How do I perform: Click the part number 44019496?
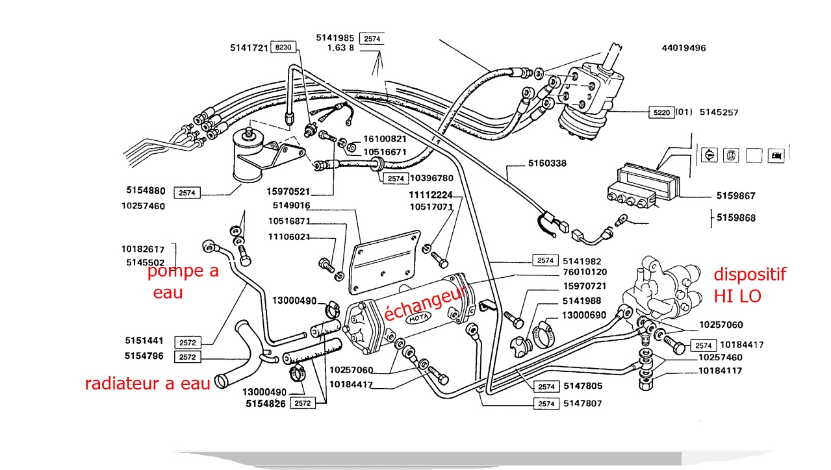[684, 48]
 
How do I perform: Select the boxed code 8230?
[283, 48]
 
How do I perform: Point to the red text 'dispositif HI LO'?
[749, 285]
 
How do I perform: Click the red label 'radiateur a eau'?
[147, 384]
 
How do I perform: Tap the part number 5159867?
[736, 195]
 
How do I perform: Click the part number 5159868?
[736, 218]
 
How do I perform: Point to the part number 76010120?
[584, 271]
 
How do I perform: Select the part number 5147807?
[582, 404]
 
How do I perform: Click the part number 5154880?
[146, 191]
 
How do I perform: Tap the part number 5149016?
[291, 206]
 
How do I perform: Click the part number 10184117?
[721, 371]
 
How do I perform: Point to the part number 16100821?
[385, 139]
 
